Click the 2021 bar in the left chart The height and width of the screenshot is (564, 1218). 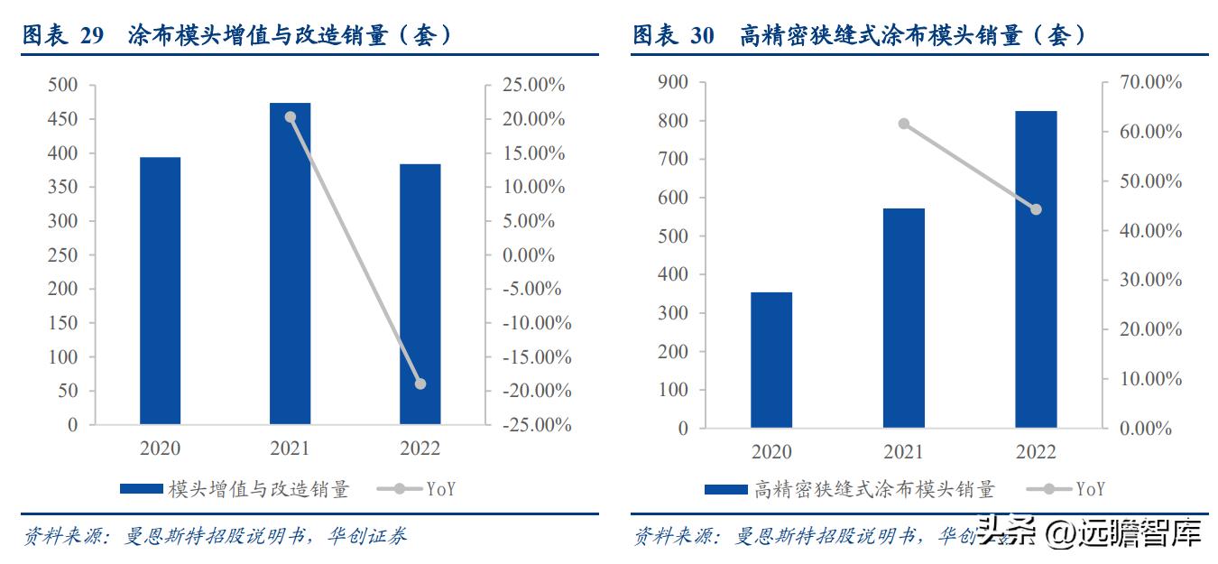click(x=290, y=264)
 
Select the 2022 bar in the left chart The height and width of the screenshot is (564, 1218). click(x=420, y=294)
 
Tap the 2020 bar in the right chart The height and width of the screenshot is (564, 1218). click(x=771, y=360)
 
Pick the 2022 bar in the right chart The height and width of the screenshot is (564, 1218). click(x=1036, y=269)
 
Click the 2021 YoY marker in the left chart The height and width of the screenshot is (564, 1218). click(x=290, y=117)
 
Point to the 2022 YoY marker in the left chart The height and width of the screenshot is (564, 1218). click(x=420, y=384)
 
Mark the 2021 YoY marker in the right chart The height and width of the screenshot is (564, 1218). click(x=904, y=124)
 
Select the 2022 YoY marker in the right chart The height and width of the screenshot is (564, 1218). click(x=1036, y=209)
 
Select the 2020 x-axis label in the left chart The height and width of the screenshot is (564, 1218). click(x=160, y=448)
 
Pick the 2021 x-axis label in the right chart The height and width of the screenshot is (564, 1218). click(x=904, y=451)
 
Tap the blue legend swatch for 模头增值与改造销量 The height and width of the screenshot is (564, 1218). click(x=142, y=489)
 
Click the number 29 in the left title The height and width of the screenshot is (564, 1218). click(x=92, y=35)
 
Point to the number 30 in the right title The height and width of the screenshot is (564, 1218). click(x=703, y=35)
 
